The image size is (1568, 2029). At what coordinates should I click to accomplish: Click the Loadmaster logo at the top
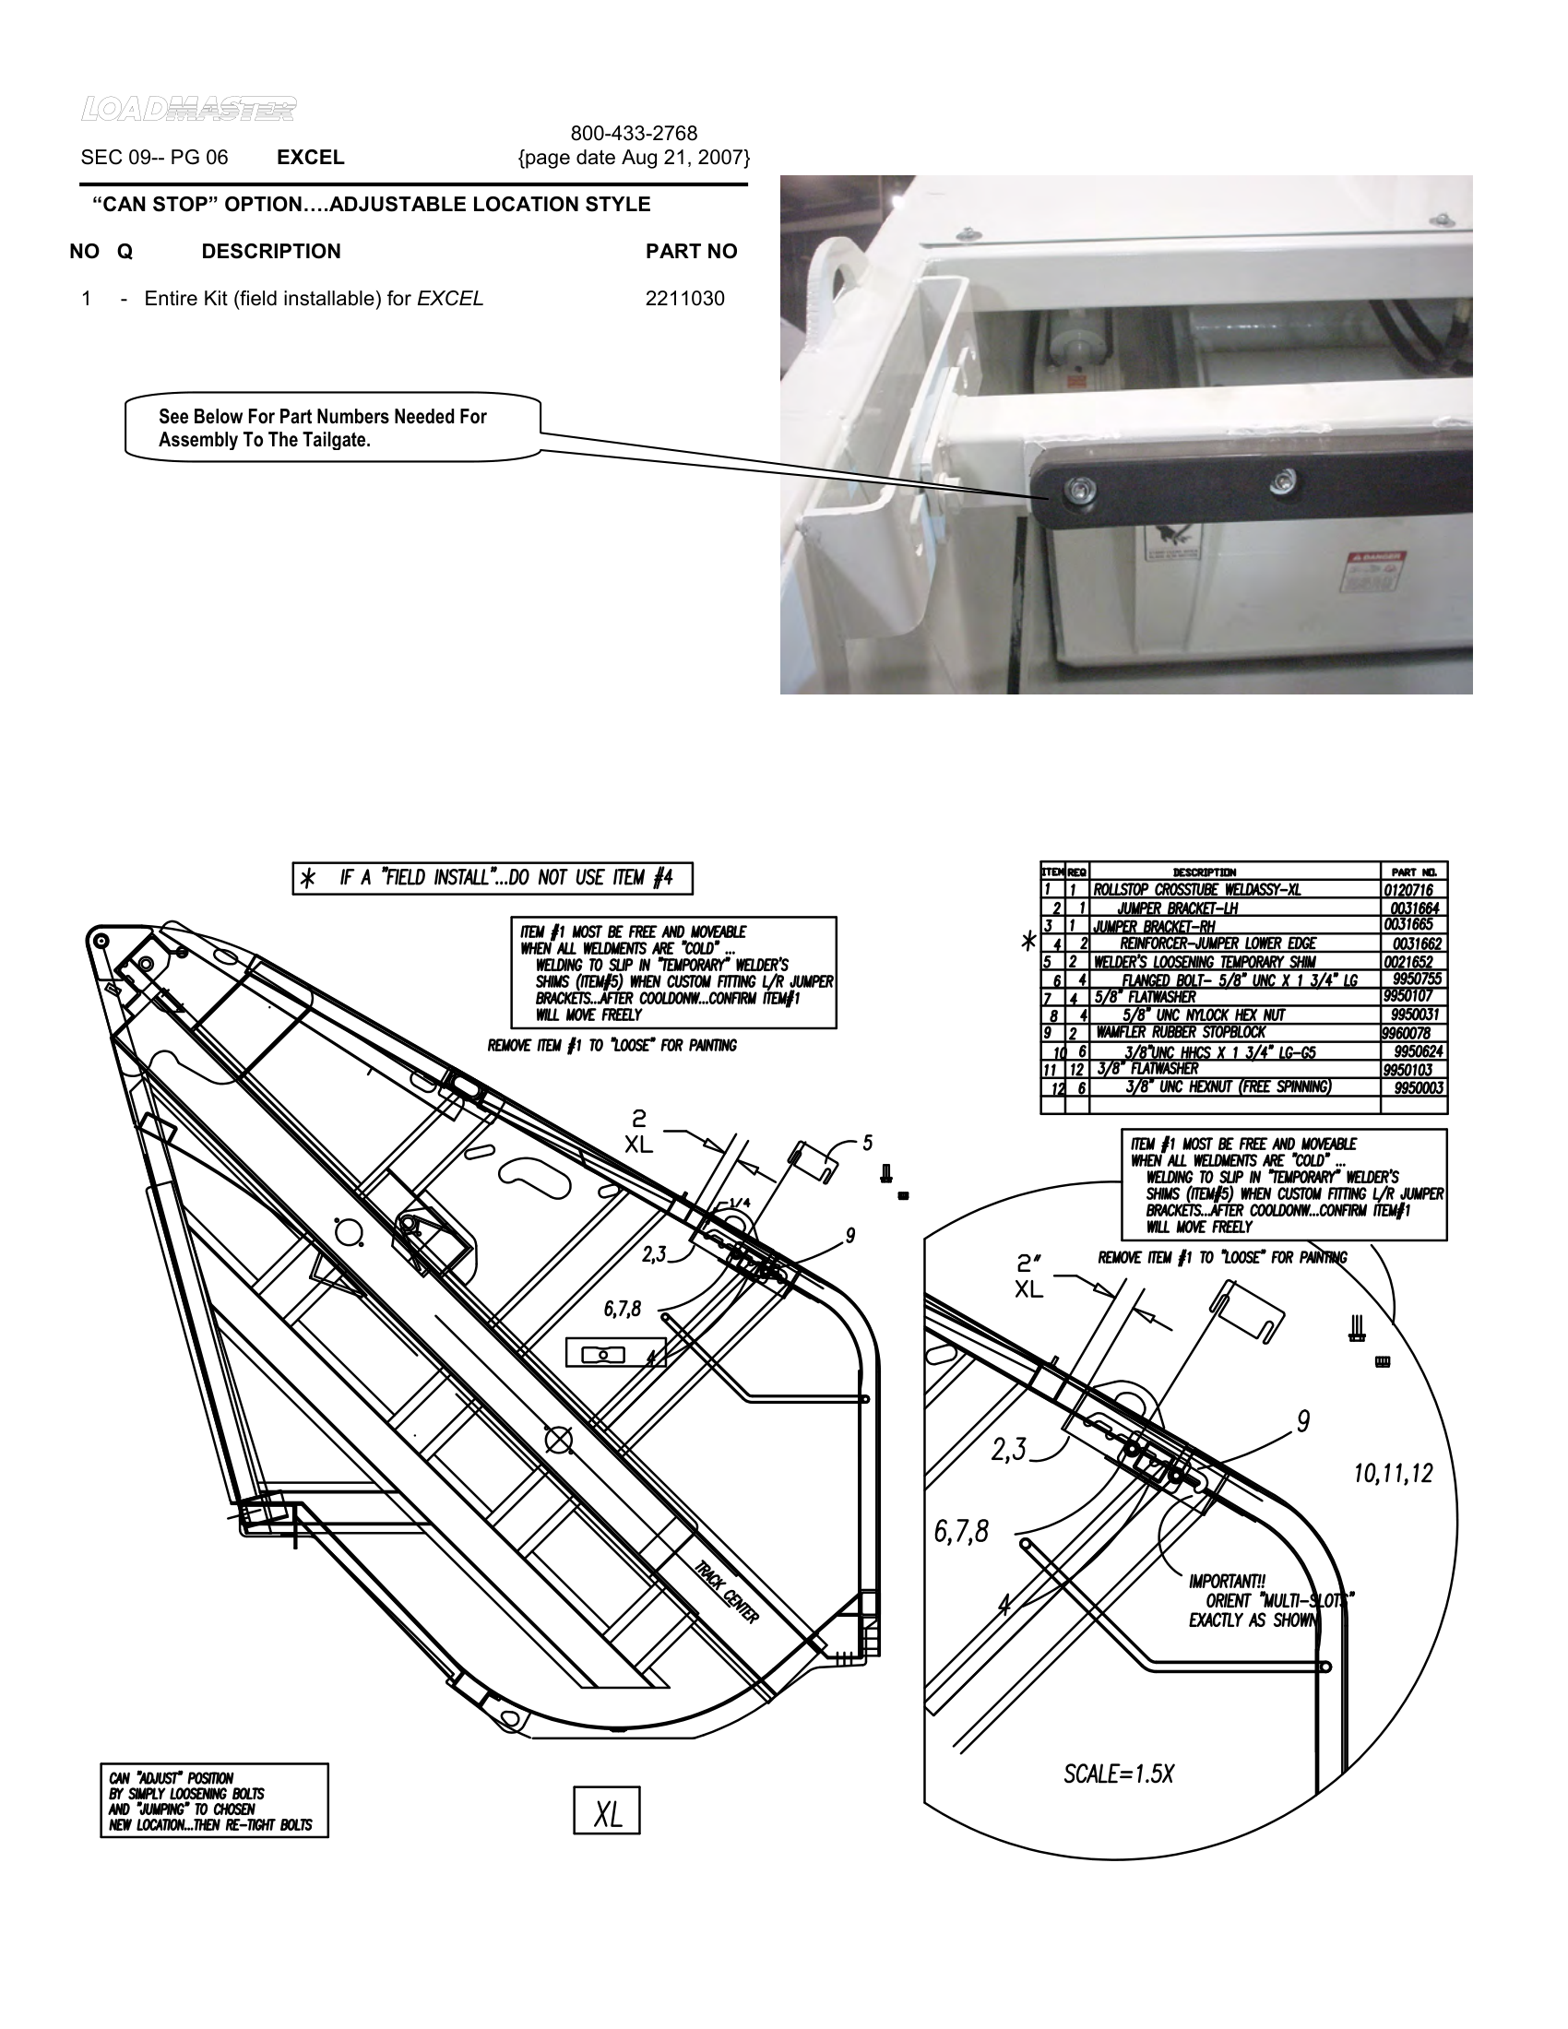[188, 110]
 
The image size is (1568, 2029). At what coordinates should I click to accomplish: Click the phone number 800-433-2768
[634, 134]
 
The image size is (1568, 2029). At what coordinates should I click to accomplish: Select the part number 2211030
[684, 299]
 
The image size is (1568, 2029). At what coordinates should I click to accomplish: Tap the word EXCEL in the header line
[310, 158]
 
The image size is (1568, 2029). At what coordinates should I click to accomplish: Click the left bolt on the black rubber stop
[1078, 489]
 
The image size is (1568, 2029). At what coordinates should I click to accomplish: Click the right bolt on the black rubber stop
[1283, 481]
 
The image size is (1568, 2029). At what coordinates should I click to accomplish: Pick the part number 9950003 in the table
[1419, 1088]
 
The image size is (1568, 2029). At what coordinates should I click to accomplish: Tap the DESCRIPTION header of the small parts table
[1204, 872]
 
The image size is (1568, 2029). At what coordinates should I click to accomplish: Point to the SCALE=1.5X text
[1118, 1774]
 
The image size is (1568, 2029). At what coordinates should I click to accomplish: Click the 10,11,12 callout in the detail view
[1393, 1474]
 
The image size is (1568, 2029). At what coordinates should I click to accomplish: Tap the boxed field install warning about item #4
[493, 878]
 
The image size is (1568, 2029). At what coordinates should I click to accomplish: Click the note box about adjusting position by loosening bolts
[214, 1800]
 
